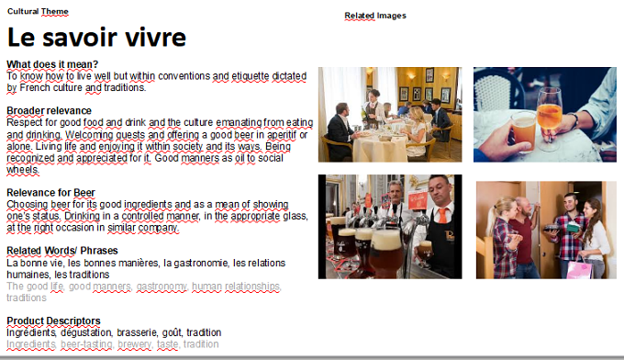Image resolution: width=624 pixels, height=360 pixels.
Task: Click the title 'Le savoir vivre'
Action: click(x=96, y=38)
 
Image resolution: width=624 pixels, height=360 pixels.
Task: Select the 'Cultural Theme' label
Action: click(x=38, y=11)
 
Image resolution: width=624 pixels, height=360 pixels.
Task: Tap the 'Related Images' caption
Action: click(x=375, y=16)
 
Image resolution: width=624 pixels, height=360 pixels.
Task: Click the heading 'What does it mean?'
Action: click(x=52, y=64)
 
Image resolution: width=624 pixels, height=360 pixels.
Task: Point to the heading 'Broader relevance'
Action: click(x=49, y=111)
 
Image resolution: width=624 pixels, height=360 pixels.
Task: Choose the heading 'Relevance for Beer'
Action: click(x=51, y=193)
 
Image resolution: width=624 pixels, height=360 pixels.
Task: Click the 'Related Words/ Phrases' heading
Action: click(x=62, y=251)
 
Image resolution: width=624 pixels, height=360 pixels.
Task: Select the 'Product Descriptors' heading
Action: click(x=54, y=321)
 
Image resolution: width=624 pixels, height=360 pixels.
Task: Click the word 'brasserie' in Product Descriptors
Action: click(x=137, y=332)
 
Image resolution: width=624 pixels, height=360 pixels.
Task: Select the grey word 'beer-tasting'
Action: click(x=87, y=344)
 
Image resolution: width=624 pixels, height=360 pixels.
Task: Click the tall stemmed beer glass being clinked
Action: click(x=549, y=117)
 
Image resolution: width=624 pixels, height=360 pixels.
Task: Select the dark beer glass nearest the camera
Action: click(x=385, y=254)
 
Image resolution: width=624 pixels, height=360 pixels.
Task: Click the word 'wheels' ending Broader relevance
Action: click(x=23, y=170)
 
